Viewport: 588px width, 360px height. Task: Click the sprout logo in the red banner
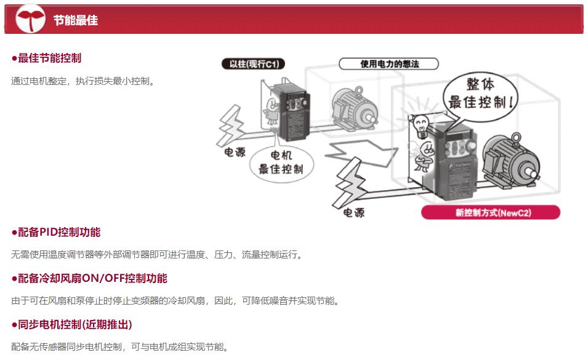30,18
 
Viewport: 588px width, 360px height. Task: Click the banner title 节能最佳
75,20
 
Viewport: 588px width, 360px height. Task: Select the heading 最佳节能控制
47,58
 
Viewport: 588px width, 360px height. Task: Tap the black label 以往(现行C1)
254,64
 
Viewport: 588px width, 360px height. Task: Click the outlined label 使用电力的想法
389,64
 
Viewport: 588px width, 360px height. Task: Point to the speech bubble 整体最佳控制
481,96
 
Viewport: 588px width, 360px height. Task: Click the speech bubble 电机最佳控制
281,163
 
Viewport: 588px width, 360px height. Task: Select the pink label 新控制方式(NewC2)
491,212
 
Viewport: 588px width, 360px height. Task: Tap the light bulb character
421,126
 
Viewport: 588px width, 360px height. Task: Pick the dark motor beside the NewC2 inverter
510,161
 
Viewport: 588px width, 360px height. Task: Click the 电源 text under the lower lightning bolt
354,213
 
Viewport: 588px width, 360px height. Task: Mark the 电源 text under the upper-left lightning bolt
235,152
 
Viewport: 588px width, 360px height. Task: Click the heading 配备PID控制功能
56,232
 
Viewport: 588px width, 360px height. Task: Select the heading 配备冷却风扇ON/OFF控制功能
90,278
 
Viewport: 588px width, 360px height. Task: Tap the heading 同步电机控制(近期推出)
71,324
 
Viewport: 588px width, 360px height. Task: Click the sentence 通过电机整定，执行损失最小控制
83,81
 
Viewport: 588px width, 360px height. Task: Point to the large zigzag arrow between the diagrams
361,152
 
